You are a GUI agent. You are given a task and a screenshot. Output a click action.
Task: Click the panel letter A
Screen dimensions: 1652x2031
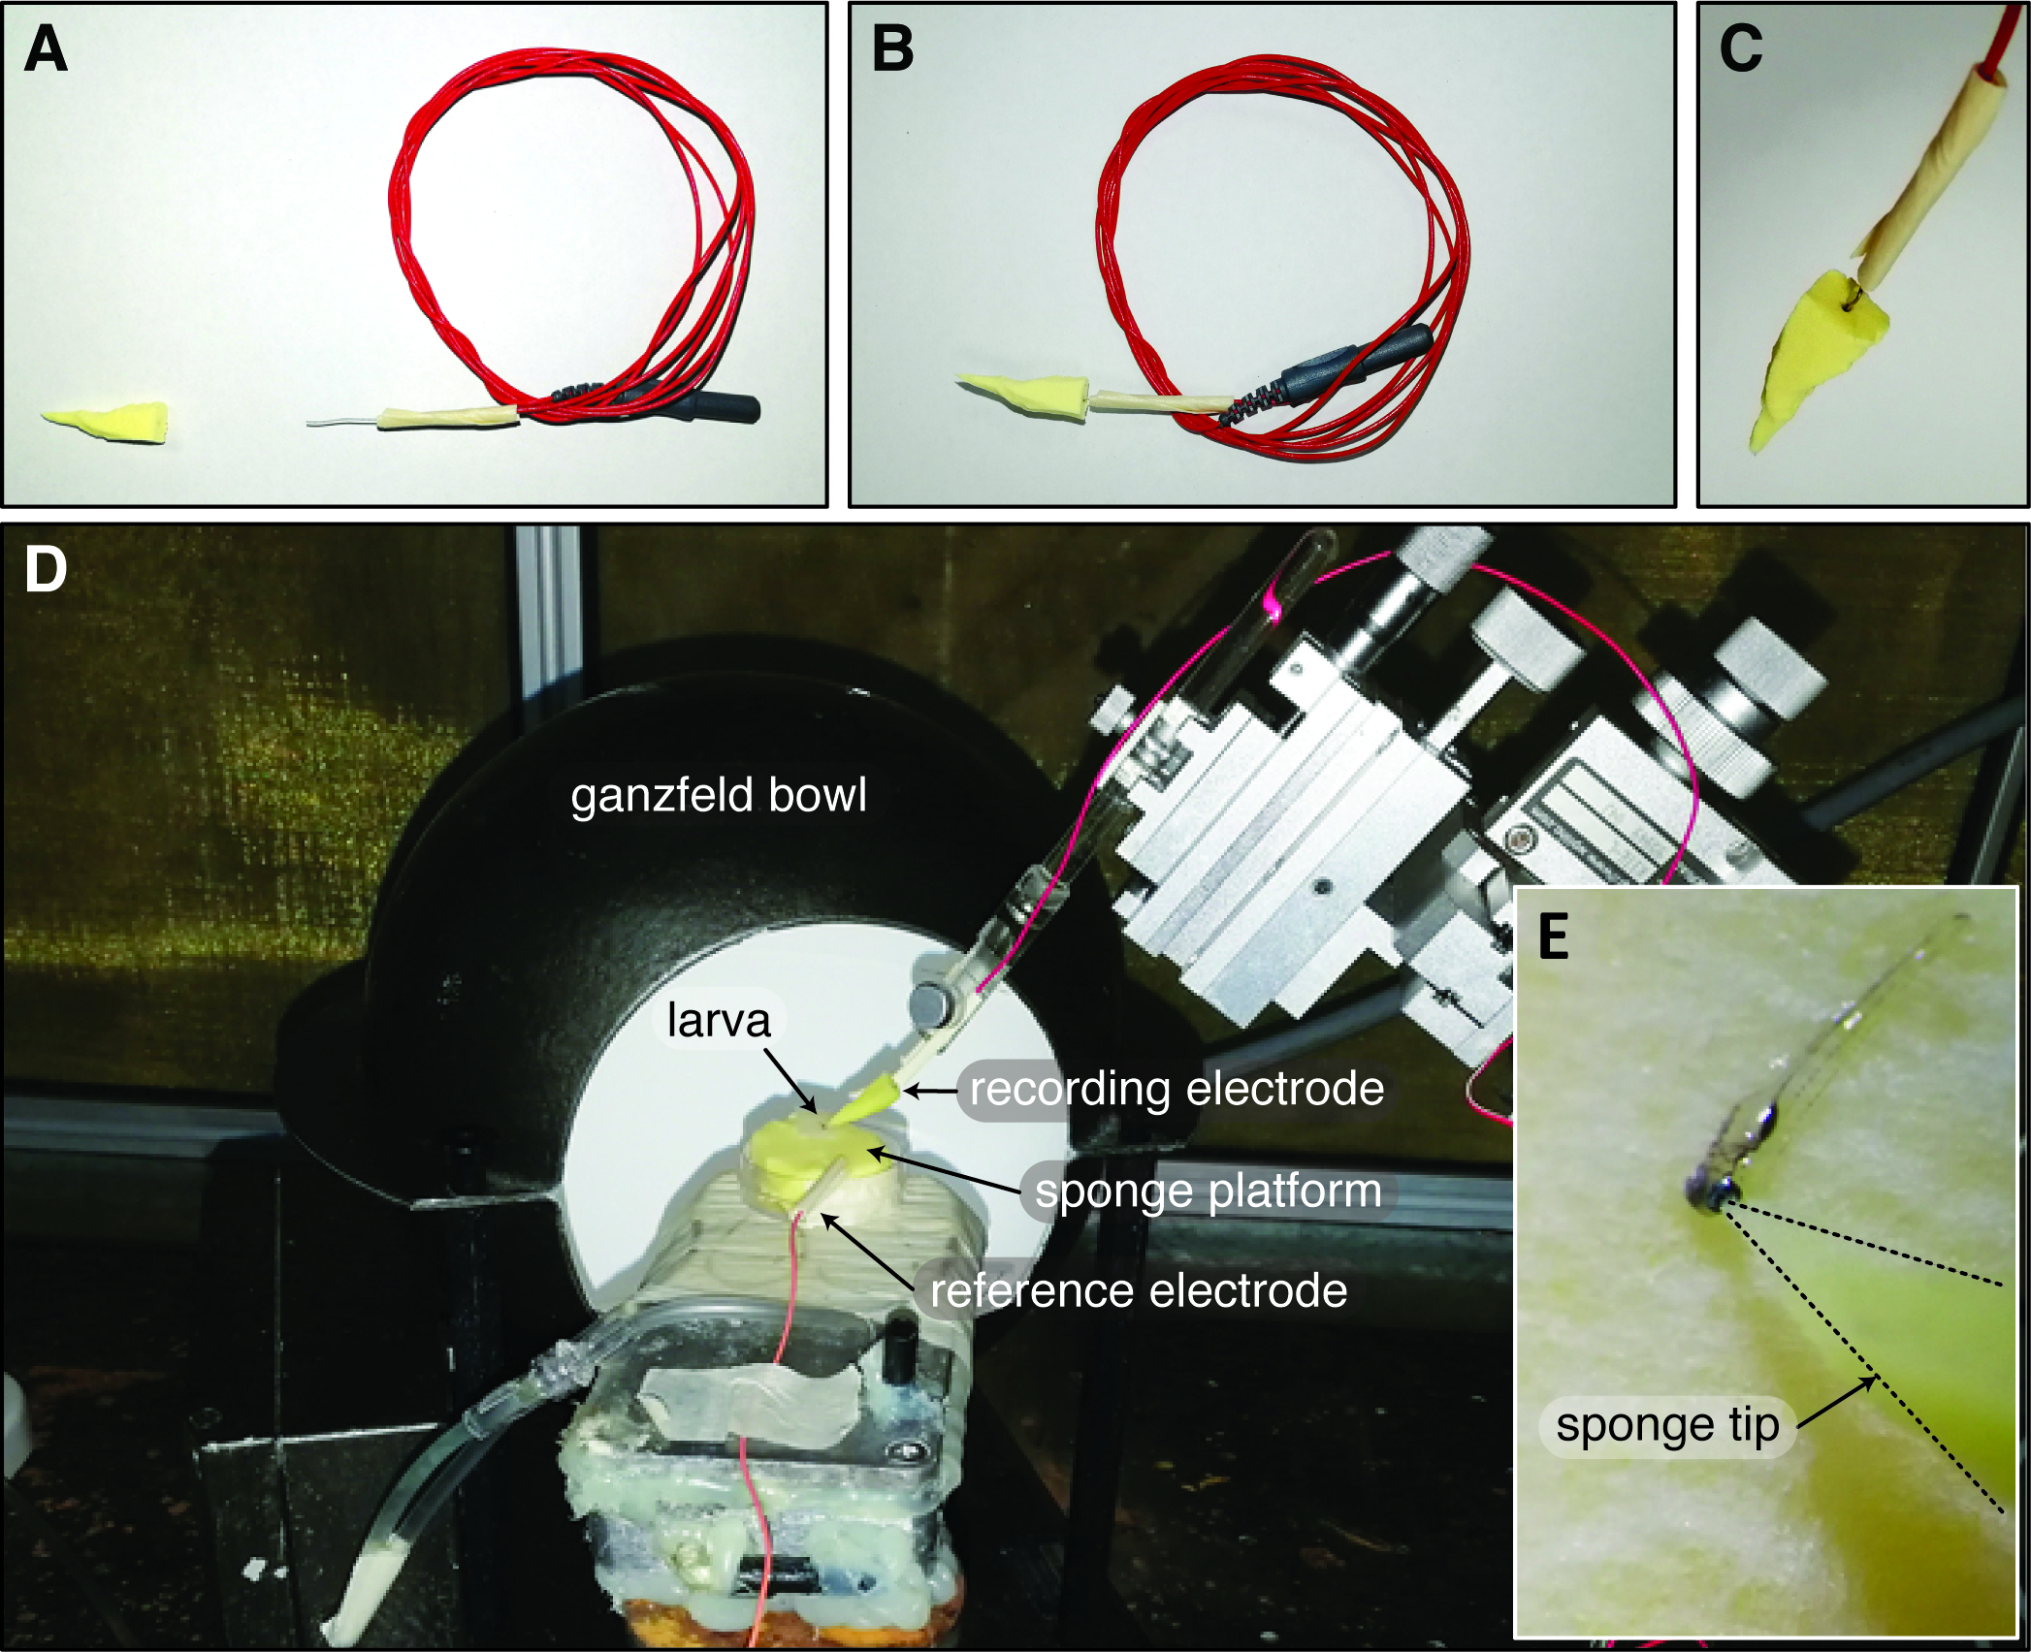point(46,48)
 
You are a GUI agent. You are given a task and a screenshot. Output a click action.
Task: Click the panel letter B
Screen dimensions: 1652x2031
point(892,48)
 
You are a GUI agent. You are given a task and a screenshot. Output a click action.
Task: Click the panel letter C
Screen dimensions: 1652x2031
point(1740,48)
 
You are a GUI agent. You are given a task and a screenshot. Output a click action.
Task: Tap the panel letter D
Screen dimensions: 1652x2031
point(46,569)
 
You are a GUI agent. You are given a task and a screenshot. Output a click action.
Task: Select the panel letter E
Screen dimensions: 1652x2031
point(1554,937)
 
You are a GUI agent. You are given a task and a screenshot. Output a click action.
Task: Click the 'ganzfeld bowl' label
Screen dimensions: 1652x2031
point(718,796)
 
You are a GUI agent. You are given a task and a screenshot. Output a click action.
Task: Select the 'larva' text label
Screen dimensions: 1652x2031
point(718,1020)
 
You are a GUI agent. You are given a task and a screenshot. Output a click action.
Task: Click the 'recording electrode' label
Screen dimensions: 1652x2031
point(1177,1089)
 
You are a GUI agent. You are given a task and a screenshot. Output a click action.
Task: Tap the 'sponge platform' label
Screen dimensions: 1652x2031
point(1208,1191)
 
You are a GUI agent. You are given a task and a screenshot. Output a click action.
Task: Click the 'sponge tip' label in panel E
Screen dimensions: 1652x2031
point(1667,1425)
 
